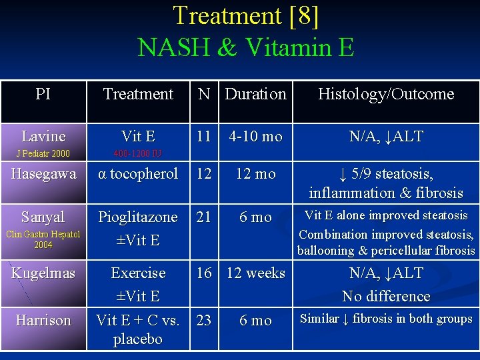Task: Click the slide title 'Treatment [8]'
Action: pyautogui.click(x=245, y=16)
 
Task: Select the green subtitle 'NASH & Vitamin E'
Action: pyautogui.click(x=245, y=47)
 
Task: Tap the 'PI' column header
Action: pyautogui.click(x=43, y=94)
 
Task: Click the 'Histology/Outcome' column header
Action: pyautogui.click(x=385, y=94)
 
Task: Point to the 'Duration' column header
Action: pyautogui.click(x=255, y=94)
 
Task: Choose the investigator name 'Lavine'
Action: pyautogui.click(x=43, y=137)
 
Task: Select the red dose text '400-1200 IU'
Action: pyautogui.click(x=137, y=154)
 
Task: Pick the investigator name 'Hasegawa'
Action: pyautogui.click(x=43, y=174)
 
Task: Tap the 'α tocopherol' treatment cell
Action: pyautogui.click(x=138, y=174)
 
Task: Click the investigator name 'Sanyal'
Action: pyautogui.click(x=43, y=217)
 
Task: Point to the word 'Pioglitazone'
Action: pyautogui.click(x=138, y=217)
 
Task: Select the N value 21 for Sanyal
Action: pyautogui.click(x=204, y=217)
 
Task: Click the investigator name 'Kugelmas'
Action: pyautogui.click(x=43, y=273)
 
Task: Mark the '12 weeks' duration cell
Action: pyautogui.click(x=255, y=273)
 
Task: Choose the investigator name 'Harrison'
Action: pyautogui.click(x=43, y=321)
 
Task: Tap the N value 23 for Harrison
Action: pyautogui.click(x=204, y=321)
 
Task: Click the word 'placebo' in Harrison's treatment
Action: pyautogui.click(x=138, y=339)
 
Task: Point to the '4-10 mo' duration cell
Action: pyautogui.click(x=255, y=137)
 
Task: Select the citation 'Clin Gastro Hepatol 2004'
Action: pyautogui.click(x=43, y=239)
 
